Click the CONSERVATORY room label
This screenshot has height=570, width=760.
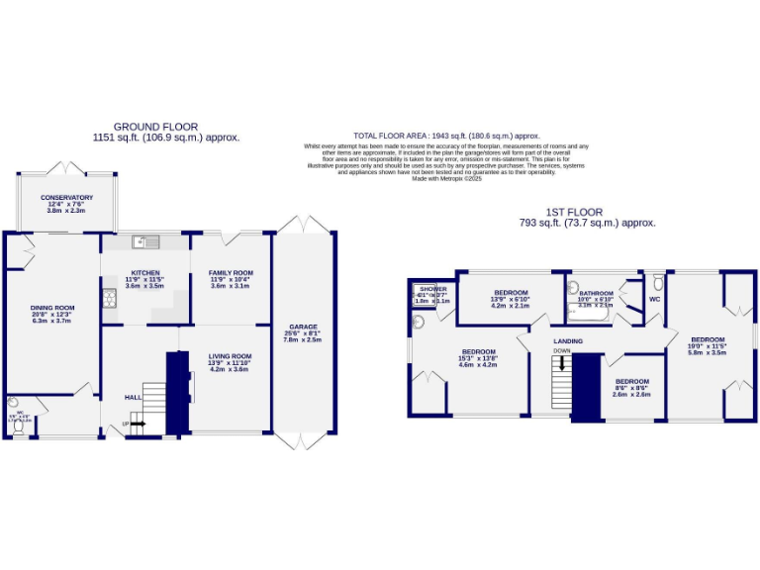[66, 197]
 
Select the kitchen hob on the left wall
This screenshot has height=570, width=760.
[109, 296]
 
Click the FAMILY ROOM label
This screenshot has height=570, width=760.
[230, 272]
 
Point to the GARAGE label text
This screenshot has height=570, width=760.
[303, 326]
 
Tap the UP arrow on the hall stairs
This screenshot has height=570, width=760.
[136, 424]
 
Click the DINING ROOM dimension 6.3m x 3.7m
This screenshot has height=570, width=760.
[52, 321]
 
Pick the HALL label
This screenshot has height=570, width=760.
[132, 397]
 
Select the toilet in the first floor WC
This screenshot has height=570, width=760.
[657, 282]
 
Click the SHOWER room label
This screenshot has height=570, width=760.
[432, 288]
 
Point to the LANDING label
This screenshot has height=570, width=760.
[567, 341]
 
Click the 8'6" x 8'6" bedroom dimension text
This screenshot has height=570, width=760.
[631, 388]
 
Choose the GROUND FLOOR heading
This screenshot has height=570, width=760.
[155, 127]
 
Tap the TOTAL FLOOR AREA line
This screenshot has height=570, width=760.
[446, 136]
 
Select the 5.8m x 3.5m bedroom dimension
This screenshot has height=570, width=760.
[708, 352]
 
